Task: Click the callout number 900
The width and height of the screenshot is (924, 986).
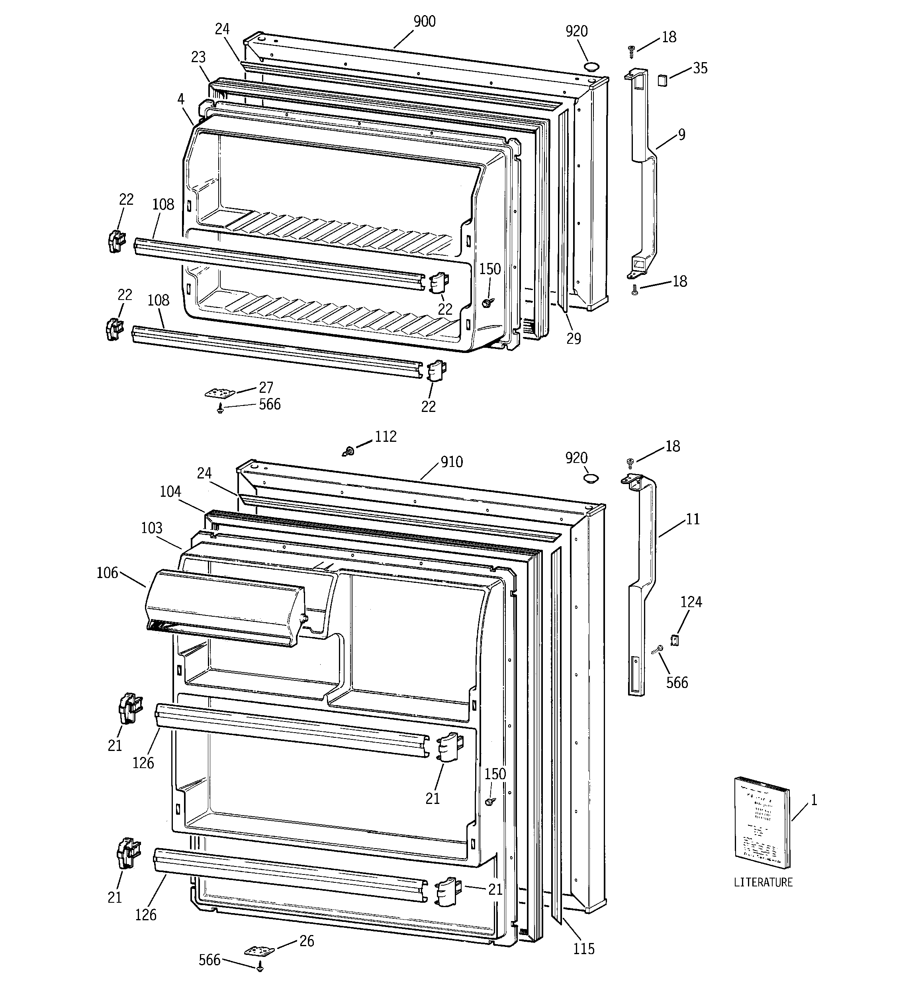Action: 425,22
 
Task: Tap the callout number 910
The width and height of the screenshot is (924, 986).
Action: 451,462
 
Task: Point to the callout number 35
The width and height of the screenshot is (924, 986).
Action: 700,69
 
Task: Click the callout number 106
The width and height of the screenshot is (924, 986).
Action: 107,573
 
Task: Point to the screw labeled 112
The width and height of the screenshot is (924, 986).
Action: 349,451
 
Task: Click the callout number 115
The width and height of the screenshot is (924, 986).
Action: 584,949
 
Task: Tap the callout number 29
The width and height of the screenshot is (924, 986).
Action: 574,338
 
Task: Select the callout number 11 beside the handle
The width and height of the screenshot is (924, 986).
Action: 693,519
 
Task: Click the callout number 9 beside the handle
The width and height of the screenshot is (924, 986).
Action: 681,134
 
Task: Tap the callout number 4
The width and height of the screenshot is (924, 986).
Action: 180,99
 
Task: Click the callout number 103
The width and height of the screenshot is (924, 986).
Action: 151,528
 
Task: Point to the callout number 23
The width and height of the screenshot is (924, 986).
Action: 198,57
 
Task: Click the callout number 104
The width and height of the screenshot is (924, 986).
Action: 170,492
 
